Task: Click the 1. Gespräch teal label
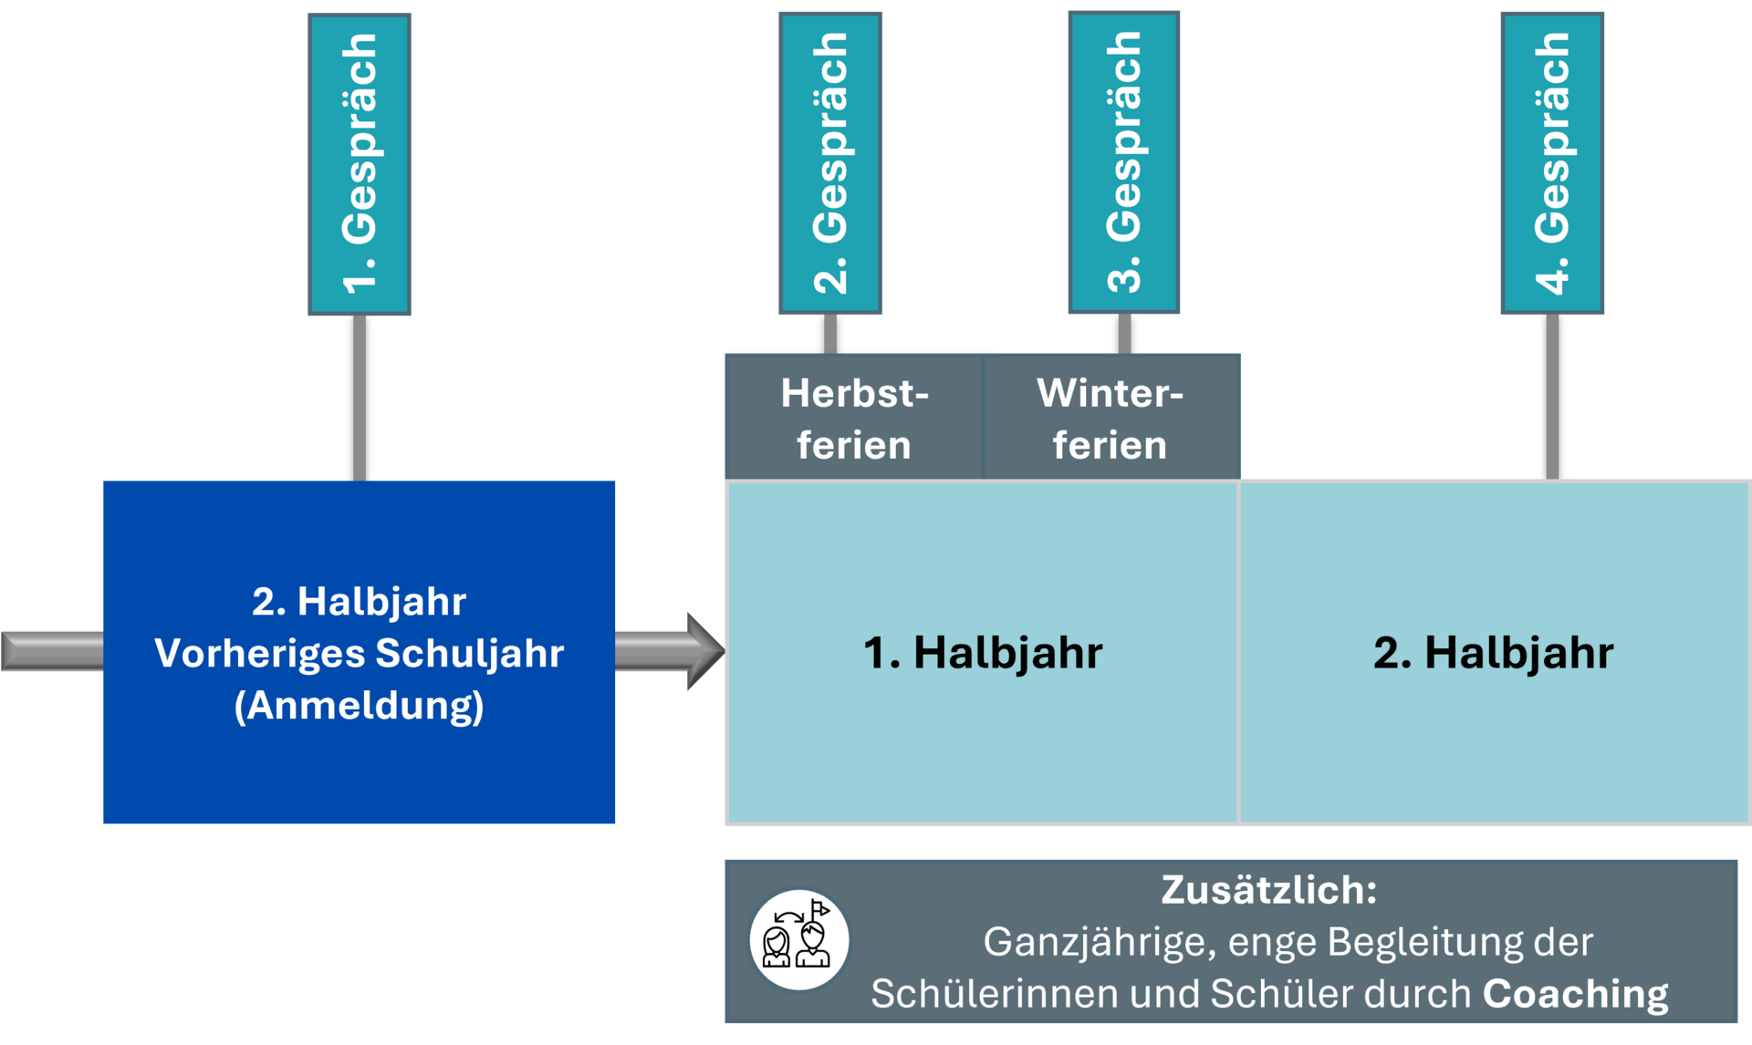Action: (360, 164)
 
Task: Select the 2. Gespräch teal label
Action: (830, 164)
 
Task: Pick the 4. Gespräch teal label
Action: (1552, 164)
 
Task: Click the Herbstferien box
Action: (854, 418)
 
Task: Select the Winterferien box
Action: (1111, 418)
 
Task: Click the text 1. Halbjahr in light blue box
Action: (983, 653)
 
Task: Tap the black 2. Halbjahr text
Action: (1493, 653)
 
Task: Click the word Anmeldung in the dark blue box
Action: (360, 706)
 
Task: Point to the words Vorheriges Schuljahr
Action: (360, 653)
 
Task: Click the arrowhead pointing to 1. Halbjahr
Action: (704, 651)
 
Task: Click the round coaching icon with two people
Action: (799, 940)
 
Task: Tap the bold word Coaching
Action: (1575, 994)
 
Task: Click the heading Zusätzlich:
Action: (1268, 890)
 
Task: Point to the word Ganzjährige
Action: (1099, 942)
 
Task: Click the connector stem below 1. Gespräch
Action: (360, 398)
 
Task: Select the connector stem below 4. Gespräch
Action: (1552, 398)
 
